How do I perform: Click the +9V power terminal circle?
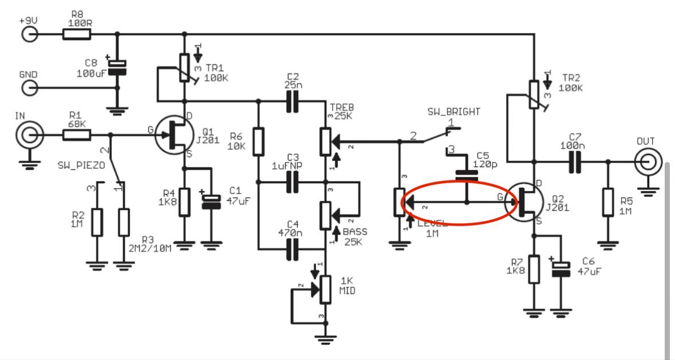29,35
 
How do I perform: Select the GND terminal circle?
29,88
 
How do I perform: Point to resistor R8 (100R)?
76,35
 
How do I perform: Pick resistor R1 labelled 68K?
76,136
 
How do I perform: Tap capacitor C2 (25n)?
293,101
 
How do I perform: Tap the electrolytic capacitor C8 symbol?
118,68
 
